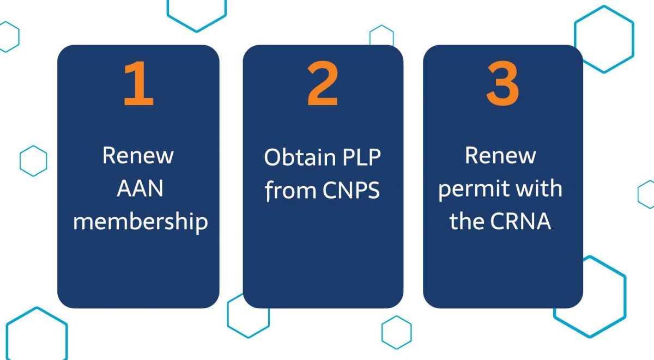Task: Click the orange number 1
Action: click(x=138, y=83)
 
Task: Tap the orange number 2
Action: click(x=323, y=83)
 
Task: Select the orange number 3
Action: click(x=502, y=83)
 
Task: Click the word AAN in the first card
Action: click(x=140, y=188)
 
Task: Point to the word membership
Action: click(x=141, y=222)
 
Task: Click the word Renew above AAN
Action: click(x=138, y=156)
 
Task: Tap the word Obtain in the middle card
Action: click(x=300, y=157)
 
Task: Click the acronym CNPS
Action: click(x=351, y=190)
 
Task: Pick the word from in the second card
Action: click(x=290, y=190)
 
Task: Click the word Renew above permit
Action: click(x=500, y=156)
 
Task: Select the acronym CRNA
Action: click(x=520, y=222)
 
